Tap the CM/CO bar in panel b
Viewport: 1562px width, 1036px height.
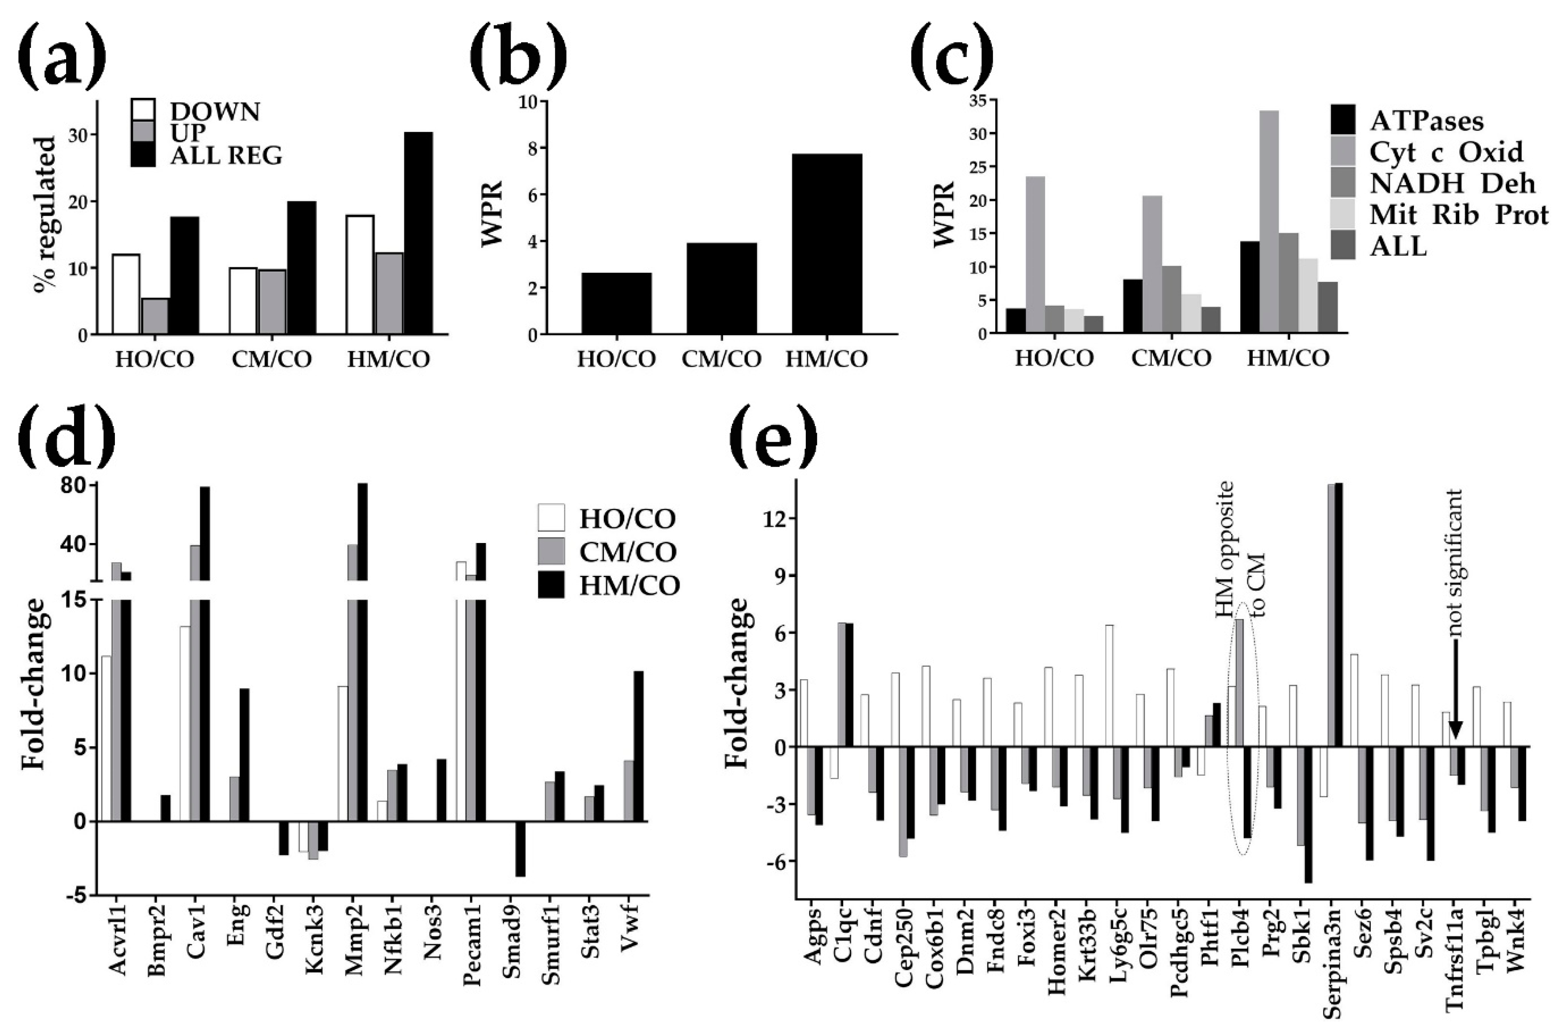click(x=721, y=288)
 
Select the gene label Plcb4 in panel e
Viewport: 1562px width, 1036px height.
click(x=1240, y=938)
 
